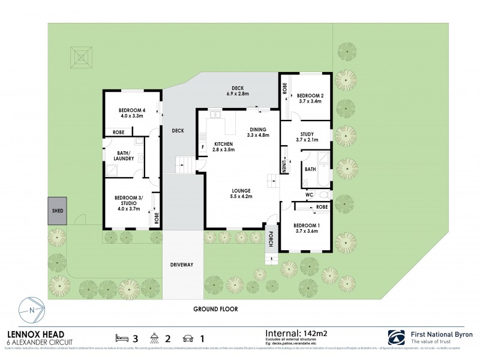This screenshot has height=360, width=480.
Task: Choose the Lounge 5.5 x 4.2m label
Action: [244, 194]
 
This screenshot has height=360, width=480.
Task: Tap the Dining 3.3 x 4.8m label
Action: [258, 132]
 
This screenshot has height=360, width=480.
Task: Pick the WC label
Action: [310, 195]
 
